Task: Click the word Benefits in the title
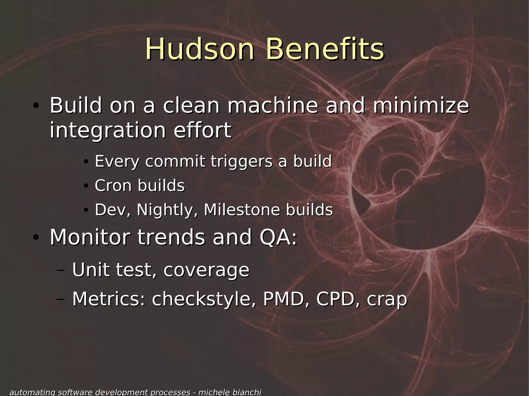[x=325, y=49]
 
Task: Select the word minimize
[x=421, y=106]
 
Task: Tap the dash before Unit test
[x=60, y=270]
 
